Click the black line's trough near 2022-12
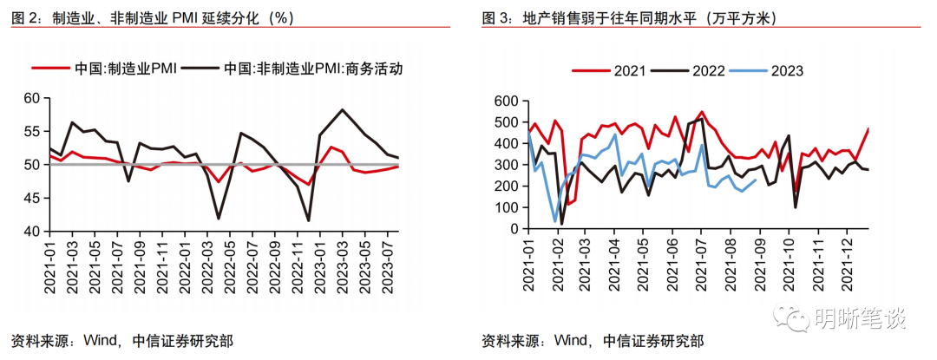(x=308, y=221)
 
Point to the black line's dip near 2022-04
(x=218, y=219)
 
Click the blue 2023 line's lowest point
(x=555, y=221)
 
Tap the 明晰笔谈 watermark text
(x=859, y=319)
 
